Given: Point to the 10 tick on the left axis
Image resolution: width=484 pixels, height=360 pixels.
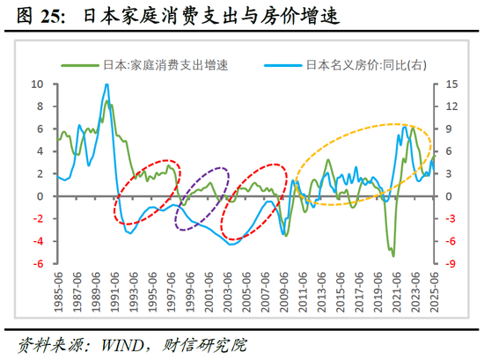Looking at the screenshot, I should click(x=37, y=84).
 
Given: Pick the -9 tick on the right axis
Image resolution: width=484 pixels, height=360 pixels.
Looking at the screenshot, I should click(x=449, y=263).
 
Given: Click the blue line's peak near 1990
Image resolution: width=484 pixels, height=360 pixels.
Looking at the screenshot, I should click(x=106, y=85).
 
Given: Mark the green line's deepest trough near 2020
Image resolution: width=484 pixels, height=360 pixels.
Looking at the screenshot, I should click(x=392, y=255).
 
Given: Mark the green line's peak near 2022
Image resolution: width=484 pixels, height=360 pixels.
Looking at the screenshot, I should click(x=412, y=128).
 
